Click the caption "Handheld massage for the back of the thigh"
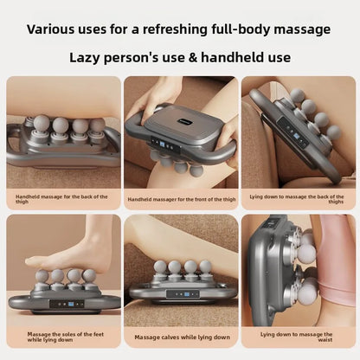click(63, 199)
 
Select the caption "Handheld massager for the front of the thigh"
click(179, 199)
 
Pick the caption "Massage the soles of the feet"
click(63, 336)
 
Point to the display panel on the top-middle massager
click(166, 145)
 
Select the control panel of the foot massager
click(63, 304)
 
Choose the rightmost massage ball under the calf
click(206, 267)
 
